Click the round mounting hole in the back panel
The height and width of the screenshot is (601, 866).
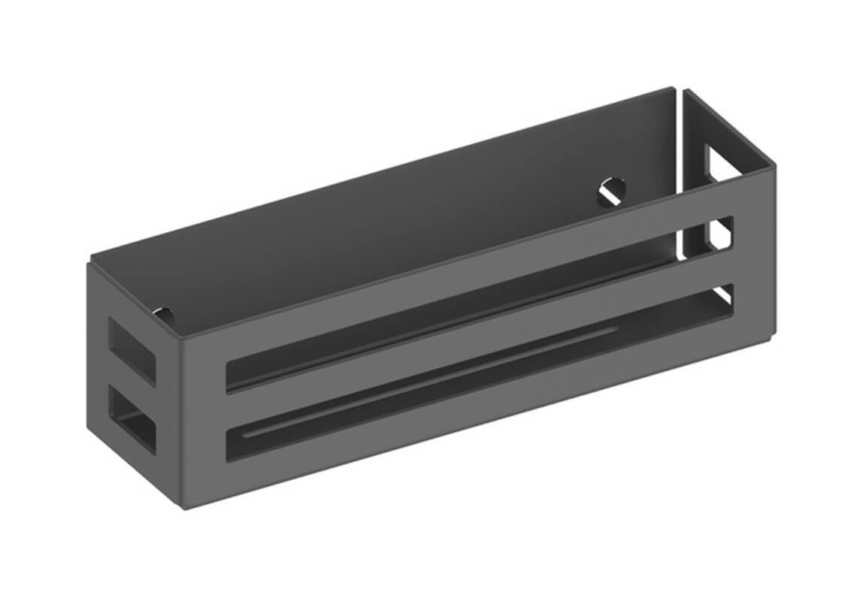(x=612, y=191)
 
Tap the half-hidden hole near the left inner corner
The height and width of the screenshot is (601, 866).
(x=162, y=313)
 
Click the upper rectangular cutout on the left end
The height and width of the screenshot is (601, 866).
(x=132, y=349)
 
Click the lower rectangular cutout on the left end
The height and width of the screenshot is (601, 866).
(x=132, y=420)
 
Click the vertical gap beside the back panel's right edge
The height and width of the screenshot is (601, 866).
(x=680, y=173)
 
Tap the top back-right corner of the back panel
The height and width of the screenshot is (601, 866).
(x=674, y=88)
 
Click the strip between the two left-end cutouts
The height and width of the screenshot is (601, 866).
(x=132, y=384)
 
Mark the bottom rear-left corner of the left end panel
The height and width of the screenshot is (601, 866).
(x=88, y=431)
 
